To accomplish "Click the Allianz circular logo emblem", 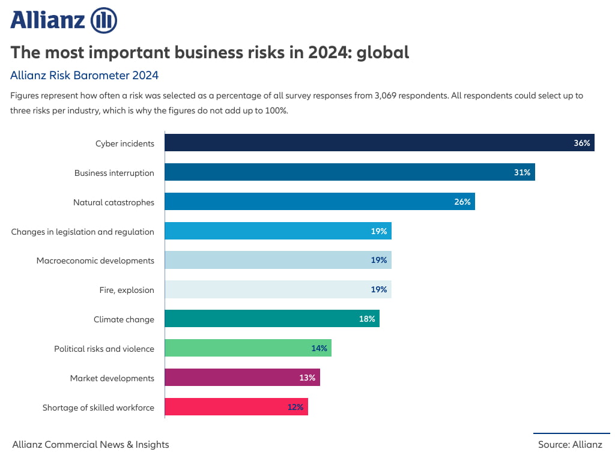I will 103,20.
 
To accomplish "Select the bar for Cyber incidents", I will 378,143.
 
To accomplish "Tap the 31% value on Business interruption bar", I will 522,172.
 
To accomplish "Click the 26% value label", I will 462,202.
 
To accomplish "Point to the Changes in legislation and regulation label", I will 82,232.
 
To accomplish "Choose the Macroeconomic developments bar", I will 277,261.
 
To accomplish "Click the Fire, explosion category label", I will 127,290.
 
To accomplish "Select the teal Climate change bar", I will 271,319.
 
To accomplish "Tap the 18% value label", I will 367,319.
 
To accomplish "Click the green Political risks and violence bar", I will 247,348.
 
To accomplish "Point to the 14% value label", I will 319,348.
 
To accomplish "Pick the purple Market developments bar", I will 242,378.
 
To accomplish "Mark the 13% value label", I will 307,378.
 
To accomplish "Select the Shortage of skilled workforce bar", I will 236,407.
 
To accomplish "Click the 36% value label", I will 581,143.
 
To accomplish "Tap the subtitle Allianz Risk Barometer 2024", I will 84,75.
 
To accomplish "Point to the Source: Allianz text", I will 570,444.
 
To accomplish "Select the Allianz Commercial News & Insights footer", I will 91,444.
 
